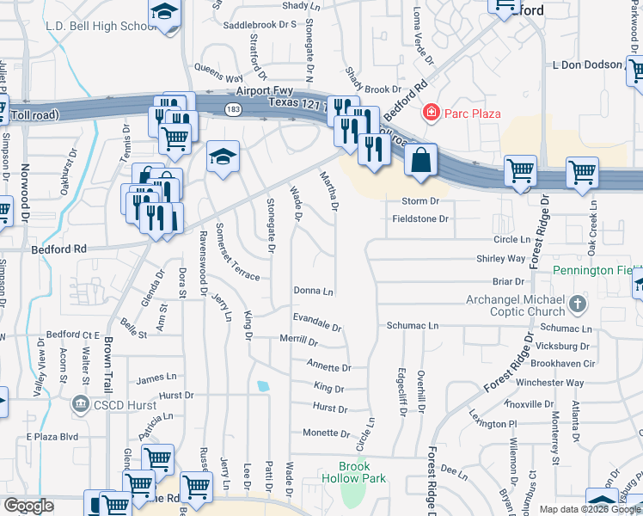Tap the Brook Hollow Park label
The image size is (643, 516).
353,472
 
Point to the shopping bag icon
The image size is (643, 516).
420,160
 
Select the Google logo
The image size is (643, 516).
28,506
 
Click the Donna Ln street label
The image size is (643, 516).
313,292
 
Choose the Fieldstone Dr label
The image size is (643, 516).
421,219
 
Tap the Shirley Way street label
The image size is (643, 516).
501,259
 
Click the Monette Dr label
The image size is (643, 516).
326,433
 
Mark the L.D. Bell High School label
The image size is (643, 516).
101,27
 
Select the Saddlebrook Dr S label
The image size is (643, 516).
260,25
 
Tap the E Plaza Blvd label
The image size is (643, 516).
52,436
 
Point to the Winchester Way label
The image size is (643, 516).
555,383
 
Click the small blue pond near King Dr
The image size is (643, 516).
262,385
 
